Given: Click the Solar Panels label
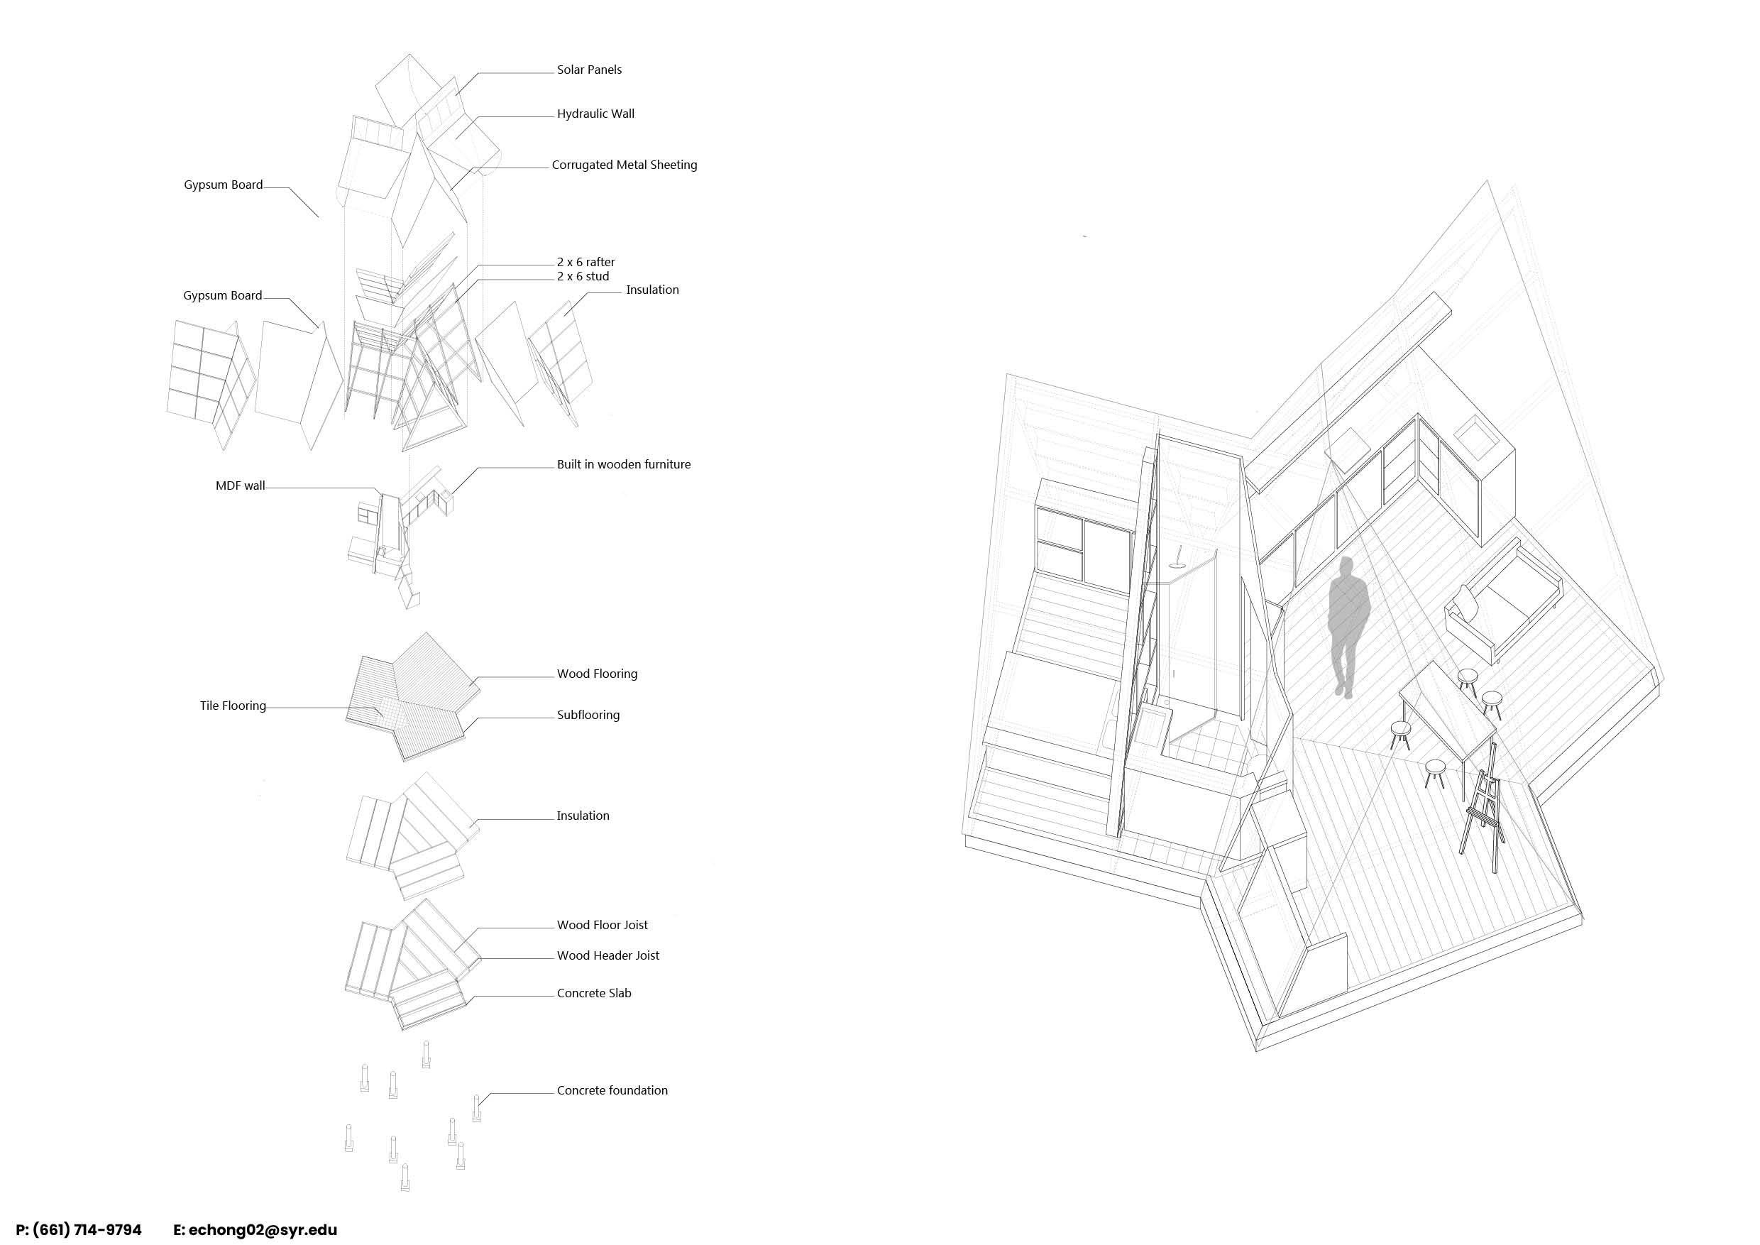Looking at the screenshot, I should coord(589,70).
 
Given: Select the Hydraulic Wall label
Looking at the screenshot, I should coord(595,114).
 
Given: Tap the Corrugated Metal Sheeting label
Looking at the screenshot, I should coord(624,165).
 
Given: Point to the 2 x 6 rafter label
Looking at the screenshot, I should coord(585,262).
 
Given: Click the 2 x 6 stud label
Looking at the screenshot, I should coord(583,276).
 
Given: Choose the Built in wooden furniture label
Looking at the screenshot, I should coord(623,465).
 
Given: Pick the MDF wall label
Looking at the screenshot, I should coord(240,486).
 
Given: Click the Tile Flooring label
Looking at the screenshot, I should coord(233,706).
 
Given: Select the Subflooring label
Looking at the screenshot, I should coord(588,715).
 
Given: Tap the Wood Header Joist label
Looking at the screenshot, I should coord(608,956).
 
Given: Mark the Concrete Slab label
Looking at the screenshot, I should coord(594,994).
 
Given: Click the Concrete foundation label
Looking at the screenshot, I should coord(612,1091).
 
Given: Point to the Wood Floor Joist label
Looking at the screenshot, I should coord(602,926).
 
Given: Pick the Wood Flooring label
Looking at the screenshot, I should coord(597,674).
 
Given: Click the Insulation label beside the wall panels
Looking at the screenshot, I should coord(651,290).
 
